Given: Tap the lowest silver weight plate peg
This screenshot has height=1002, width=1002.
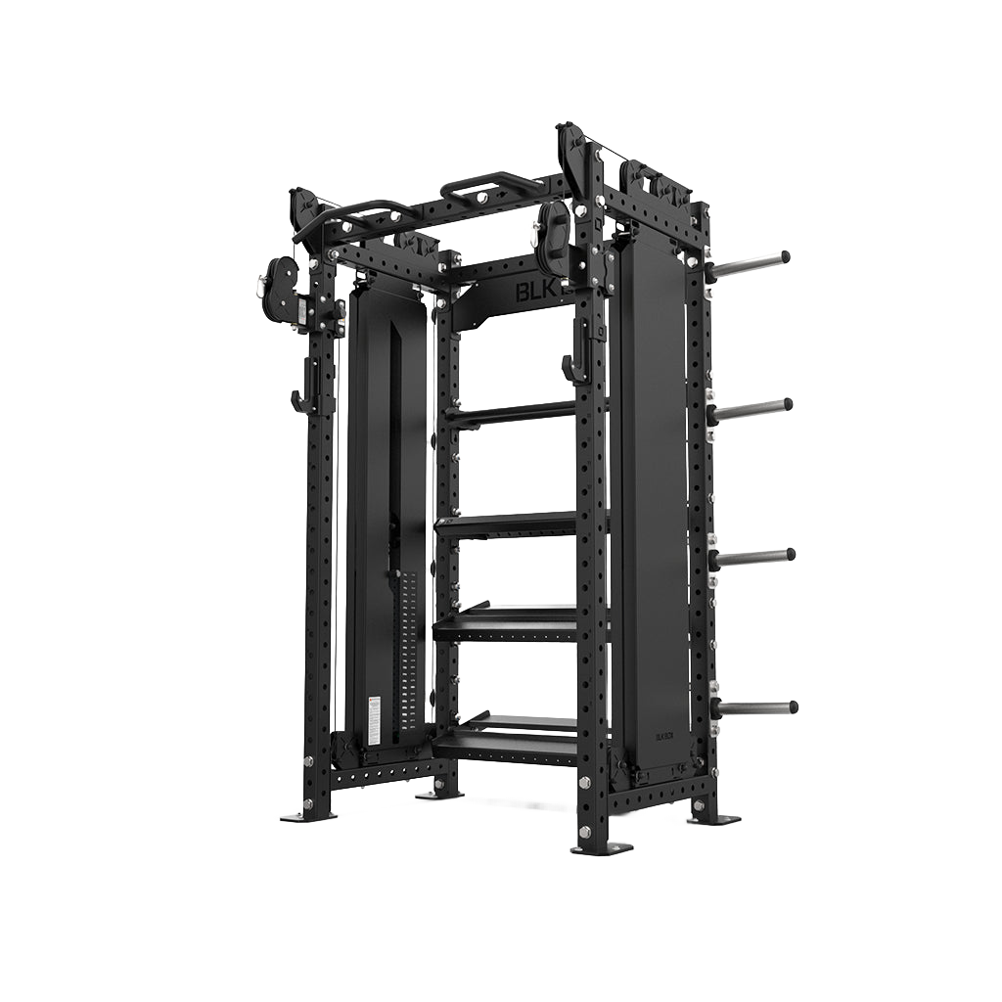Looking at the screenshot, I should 757,706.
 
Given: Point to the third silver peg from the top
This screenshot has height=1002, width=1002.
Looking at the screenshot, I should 755,557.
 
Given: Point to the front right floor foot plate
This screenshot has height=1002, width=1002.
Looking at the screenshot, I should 599,846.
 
